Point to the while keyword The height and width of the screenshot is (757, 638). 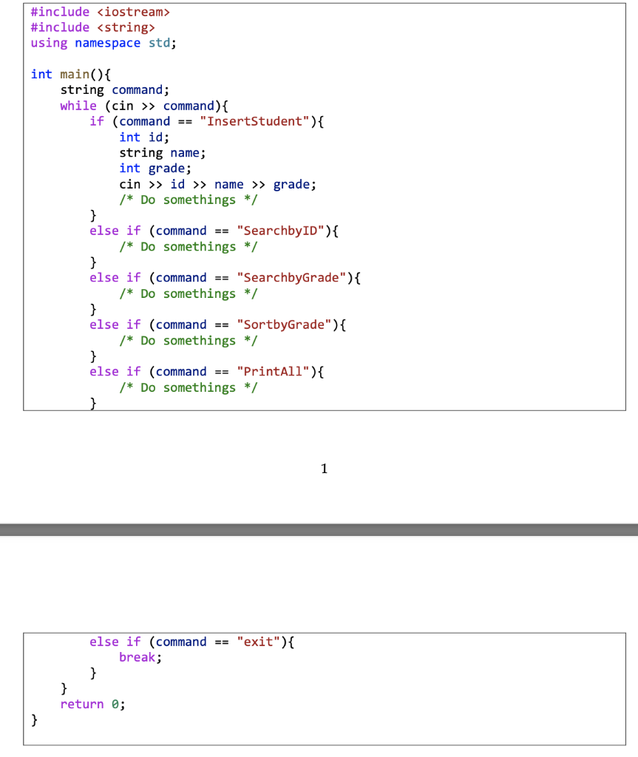coord(78,106)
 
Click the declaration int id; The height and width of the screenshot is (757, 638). coord(144,137)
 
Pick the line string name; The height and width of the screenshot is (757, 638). coord(163,152)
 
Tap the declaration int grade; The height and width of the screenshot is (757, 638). coord(155,169)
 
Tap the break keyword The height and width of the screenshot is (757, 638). coord(138,657)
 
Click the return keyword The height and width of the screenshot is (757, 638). coord(82,704)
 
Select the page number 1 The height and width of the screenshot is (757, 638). coord(324,468)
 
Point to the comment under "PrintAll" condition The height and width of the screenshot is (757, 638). coord(189,387)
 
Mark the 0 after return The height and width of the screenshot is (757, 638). coord(115,704)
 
